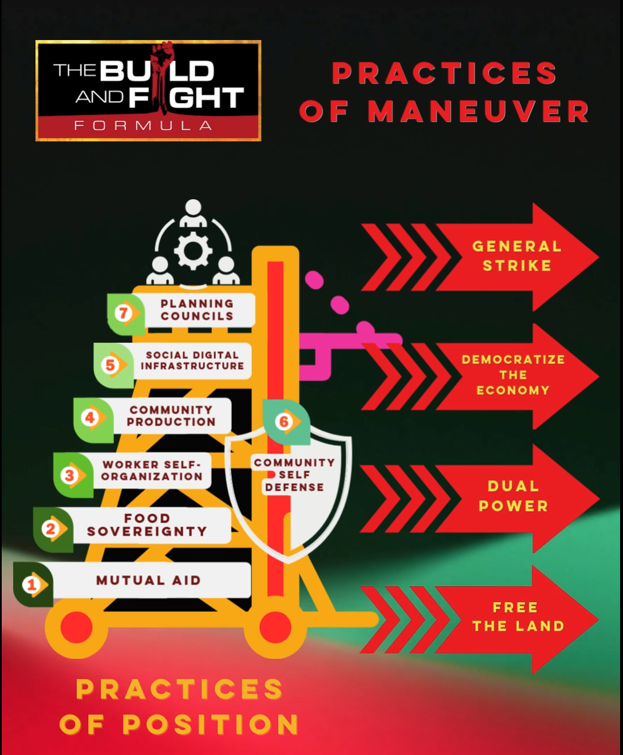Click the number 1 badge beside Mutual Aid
coord(32,584)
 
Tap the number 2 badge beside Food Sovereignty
coord(51,529)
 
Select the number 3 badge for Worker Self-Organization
coord(70,475)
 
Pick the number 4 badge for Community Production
coord(90,418)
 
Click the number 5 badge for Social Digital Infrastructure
coord(111,365)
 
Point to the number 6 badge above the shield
coord(283,422)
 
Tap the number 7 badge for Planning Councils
coord(123,313)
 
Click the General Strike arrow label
coord(516,256)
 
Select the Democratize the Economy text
coord(513,375)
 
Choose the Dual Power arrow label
coord(513,496)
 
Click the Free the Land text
coord(518,616)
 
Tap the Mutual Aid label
coord(148,580)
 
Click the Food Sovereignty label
coord(147,525)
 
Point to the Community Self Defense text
coord(294,475)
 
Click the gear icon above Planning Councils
coord(193,251)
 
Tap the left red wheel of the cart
coord(76,627)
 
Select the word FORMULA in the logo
coord(143,125)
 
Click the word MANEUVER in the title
coord(479,111)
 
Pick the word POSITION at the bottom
coord(211,725)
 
